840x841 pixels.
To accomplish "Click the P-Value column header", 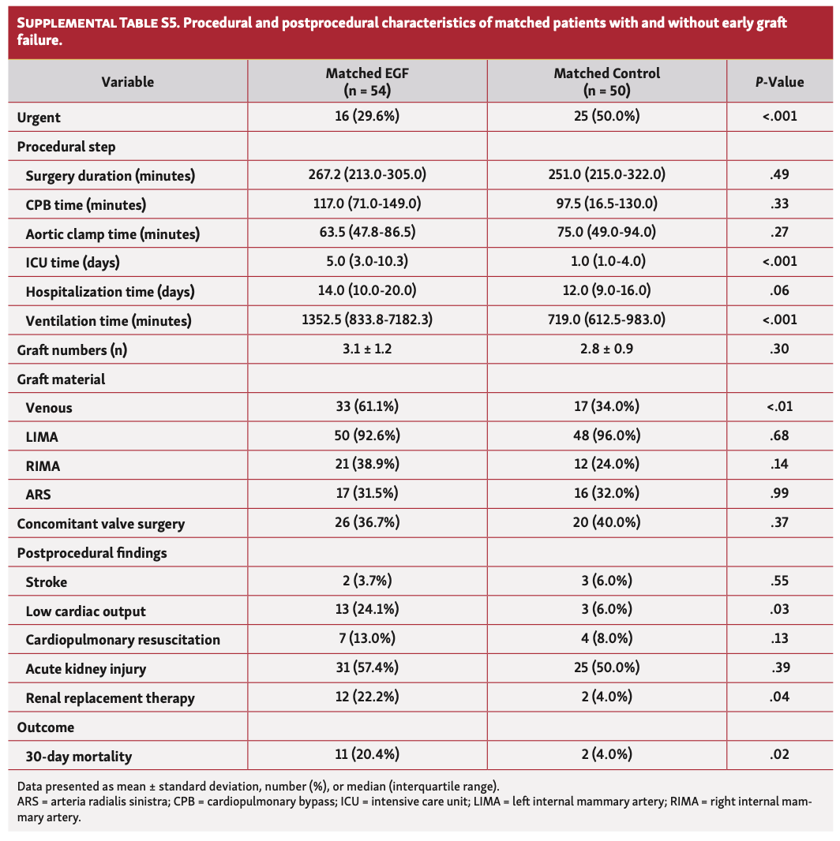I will pyautogui.click(x=779, y=81).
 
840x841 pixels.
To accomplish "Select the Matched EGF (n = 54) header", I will pyautogui.click(x=367, y=81).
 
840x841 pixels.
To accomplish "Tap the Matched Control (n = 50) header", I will pyautogui.click(x=606, y=81).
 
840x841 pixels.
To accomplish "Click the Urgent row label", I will pyautogui.click(x=39, y=118).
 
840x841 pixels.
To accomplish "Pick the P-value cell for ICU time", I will pyautogui.click(x=779, y=262).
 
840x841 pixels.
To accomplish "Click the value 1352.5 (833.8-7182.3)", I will pyautogui.click(x=367, y=320).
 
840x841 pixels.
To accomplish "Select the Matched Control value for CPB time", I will pyautogui.click(x=606, y=204).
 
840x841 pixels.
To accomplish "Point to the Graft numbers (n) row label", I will pyautogui.click(x=72, y=350).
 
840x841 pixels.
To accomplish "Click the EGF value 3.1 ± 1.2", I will pyautogui.click(x=367, y=349).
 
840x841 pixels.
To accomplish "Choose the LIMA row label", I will pyautogui.click(x=43, y=437).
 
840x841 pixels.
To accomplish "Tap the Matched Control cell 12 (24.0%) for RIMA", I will pyautogui.click(x=606, y=465).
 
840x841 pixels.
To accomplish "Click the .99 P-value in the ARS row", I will pyautogui.click(x=779, y=495).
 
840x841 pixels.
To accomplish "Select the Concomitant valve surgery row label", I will pyautogui.click(x=100, y=524).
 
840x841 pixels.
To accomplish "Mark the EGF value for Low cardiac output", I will pyautogui.click(x=367, y=611).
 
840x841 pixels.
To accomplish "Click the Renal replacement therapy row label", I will pyautogui.click(x=110, y=698).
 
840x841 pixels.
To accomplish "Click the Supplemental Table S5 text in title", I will pyautogui.click(x=81, y=24).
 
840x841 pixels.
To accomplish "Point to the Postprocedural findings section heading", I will pyautogui.click(x=92, y=553).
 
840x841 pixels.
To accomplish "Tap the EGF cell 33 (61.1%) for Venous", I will pyautogui.click(x=367, y=407).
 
